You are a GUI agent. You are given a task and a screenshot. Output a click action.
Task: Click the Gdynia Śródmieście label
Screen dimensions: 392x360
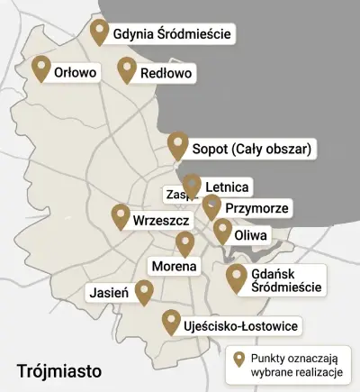(x=172, y=35)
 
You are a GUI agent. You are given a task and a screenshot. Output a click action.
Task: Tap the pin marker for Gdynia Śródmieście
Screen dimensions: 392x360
(x=100, y=32)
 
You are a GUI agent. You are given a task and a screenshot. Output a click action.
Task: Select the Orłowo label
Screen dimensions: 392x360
(x=75, y=71)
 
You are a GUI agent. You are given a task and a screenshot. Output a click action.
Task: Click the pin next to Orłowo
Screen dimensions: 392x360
(x=40, y=68)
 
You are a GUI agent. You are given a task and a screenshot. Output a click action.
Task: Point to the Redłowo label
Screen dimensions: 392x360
(x=166, y=72)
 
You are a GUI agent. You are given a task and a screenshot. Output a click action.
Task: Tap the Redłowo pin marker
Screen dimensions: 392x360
(x=127, y=69)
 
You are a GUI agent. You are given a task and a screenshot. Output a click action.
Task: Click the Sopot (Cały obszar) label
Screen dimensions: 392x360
(x=252, y=148)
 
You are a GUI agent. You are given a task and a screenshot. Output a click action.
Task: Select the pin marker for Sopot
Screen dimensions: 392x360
(x=178, y=144)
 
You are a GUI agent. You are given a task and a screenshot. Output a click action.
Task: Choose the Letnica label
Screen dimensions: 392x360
(x=227, y=187)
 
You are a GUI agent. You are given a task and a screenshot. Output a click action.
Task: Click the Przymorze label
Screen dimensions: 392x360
(x=256, y=208)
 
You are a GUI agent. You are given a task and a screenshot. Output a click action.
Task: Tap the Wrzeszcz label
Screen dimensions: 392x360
(x=159, y=220)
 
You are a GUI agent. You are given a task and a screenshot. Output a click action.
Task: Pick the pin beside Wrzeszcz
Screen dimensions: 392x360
(x=121, y=216)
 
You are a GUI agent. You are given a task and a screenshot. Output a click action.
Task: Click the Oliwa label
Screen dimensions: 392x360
(x=250, y=235)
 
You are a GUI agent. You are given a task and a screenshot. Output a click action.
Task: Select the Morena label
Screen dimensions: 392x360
(x=173, y=267)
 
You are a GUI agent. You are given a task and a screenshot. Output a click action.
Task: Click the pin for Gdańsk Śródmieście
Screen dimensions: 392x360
(x=237, y=278)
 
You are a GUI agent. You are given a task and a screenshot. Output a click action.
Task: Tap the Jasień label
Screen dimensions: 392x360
(x=109, y=292)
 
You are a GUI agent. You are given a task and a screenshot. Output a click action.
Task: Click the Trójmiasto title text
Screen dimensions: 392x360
(x=59, y=369)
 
